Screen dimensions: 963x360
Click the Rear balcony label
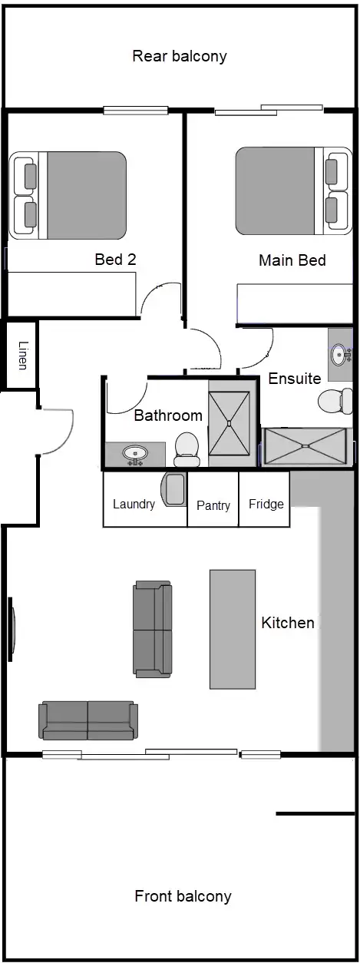click(x=180, y=56)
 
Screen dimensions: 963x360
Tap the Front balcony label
click(x=183, y=896)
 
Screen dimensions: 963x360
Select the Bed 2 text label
click(x=115, y=260)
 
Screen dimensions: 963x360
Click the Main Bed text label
click(x=292, y=260)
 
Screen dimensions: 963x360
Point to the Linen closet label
click(x=23, y=355)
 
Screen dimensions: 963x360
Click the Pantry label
click(x=213, y=505)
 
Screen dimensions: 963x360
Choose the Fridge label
click(x=266, y=505)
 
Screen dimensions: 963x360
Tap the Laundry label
click(x=134, y=505)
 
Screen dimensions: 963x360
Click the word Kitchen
click(x=288, y=623)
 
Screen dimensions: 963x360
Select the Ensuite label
click(x=294, y=379)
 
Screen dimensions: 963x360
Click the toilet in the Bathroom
click(x=187, y=450)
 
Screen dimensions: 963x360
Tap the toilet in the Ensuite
click(x=334, y=402)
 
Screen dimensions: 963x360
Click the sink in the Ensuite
click(x=339, y=354)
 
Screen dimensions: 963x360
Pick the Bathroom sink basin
click(x=136, y=454)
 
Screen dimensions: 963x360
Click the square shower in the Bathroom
click(x=230, y=422)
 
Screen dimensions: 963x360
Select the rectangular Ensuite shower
click(x=305, y=446)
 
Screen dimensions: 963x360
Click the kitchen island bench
click(x=233, y=629)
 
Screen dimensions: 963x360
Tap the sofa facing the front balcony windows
click(x=88, y=720)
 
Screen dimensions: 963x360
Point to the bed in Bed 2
click(x=69, y=194)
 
